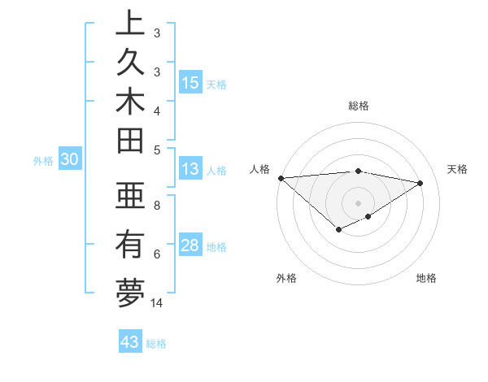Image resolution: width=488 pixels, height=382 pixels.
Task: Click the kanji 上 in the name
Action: (x=130, y=24)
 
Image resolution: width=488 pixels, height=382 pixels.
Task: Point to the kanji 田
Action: (x=130, y=143)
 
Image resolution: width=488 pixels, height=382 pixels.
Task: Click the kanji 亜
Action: (x=130, y=198)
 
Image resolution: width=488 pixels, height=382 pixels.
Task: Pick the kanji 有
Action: (x=130, y=245)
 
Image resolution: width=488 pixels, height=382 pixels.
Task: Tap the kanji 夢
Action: (x=130, y=293)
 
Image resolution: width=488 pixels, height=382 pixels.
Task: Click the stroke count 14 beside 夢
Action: (x=157, y=303)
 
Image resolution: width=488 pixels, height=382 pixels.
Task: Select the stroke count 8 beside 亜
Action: (x=157, y=206)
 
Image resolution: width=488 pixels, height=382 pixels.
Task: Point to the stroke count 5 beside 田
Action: (x=157, y=149)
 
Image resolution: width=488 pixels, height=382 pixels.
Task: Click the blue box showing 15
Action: (x=190, y=82)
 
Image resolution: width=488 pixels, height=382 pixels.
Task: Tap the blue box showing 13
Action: (x=190, y=169)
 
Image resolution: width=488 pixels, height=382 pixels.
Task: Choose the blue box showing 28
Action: (x=190, y=245)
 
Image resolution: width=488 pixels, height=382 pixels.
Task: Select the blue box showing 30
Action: (x=69, y=160)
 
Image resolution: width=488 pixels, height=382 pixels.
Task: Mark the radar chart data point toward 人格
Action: (x=281, y=178)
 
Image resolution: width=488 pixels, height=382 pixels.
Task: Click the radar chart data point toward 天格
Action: (x=420, y=183)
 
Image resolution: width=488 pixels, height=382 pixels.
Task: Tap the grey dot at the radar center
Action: (x=358, y=202)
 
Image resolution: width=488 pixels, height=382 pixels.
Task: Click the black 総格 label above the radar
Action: (x=359, y=106)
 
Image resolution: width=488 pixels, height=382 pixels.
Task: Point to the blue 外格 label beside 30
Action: (x=43, y=161)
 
